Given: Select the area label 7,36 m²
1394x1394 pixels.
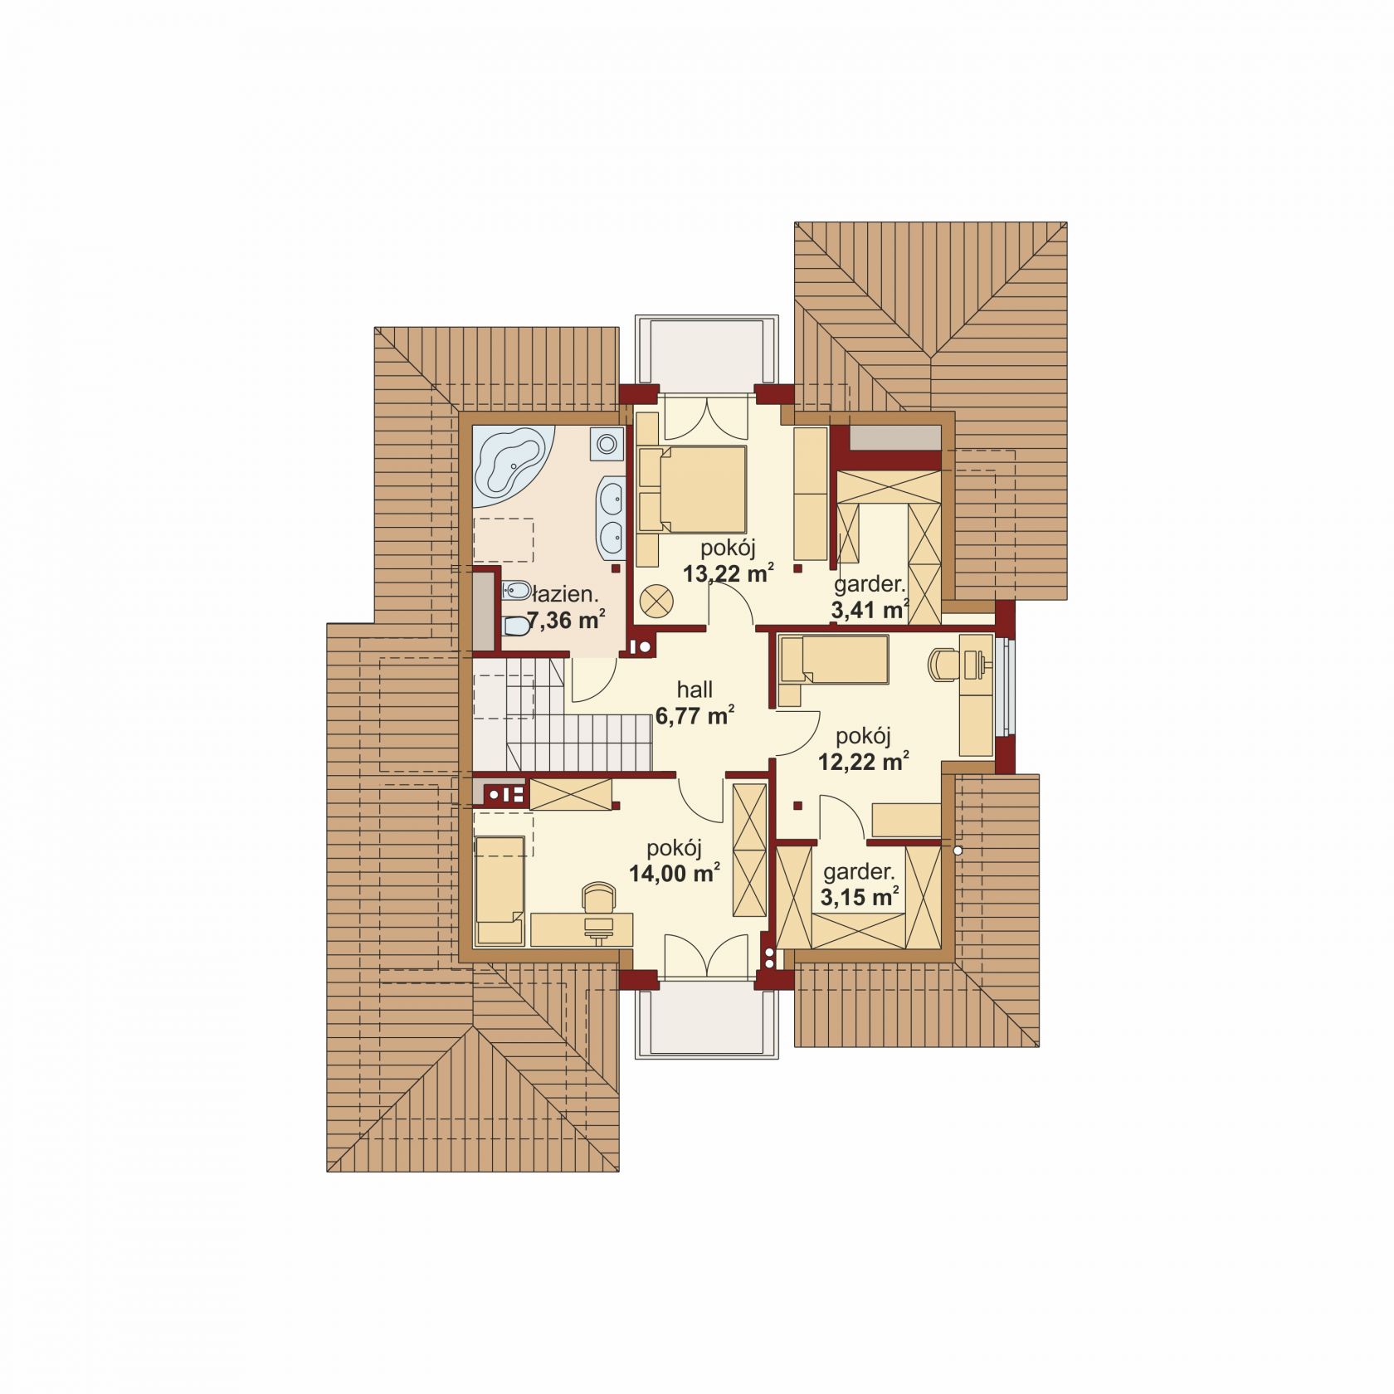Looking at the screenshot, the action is [564, 619].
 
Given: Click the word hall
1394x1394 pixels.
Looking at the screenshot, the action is [695, 689].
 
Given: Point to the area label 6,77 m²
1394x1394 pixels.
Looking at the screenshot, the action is [695, 714].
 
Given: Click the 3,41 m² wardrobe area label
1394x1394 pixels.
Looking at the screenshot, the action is [869, 610].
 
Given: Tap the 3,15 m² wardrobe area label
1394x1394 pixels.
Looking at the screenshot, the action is [860, 896].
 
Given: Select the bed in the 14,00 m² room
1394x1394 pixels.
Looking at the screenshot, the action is [500, 890].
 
